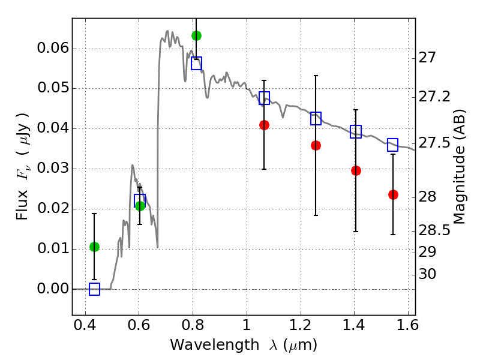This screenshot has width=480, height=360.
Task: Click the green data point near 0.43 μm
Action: point(94,247)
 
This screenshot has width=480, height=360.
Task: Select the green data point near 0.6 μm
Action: point(140,206)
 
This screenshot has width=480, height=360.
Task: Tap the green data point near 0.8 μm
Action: point(196,35)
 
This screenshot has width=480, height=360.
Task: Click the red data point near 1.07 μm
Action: point(264,125)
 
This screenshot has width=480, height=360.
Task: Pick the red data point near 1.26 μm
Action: point(316,145)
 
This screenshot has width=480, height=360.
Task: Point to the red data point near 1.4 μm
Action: point(356,170)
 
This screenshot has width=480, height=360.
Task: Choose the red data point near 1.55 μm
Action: point(393,194)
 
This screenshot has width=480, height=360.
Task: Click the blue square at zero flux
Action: point(94,289)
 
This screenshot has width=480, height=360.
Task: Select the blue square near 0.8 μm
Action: point(196,63)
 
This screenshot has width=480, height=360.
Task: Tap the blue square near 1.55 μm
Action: point(393,145)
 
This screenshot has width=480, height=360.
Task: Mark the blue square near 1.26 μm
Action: point(316,118)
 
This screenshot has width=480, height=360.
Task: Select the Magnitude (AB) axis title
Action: point(460,167)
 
